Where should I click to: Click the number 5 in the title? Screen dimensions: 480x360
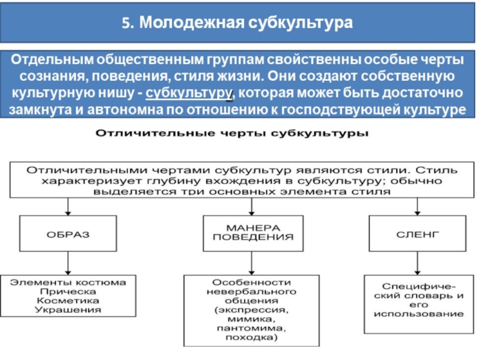pos(126,23)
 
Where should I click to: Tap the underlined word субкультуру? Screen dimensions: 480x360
pos(188,93)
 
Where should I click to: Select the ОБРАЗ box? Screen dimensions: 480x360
pos(68,233)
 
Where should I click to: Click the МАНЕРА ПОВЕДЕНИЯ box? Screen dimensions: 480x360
pos(253,233)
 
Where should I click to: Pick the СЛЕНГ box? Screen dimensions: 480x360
pos(418,233)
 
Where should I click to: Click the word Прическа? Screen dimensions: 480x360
pos(68,292)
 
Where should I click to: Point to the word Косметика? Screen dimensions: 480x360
pos(68,301)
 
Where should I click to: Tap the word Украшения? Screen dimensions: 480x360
pos(68,310)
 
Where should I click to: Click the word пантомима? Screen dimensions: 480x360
pos(251,328)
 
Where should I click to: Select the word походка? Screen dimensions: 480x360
pos(251,338)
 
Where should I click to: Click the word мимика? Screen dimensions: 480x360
pos(251,319)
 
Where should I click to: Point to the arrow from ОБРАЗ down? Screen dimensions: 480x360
pos(68,263)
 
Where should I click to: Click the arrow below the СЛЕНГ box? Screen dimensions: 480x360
pos(418,263)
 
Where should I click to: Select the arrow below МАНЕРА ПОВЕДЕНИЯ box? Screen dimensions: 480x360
pos(251,263)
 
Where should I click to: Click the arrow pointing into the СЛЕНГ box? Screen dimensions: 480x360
pos(418,206)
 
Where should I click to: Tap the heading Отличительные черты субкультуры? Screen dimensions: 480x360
pos(232,133)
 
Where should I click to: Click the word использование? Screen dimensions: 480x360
pos(418,314)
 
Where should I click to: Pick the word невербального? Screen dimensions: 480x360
pos(251,292)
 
